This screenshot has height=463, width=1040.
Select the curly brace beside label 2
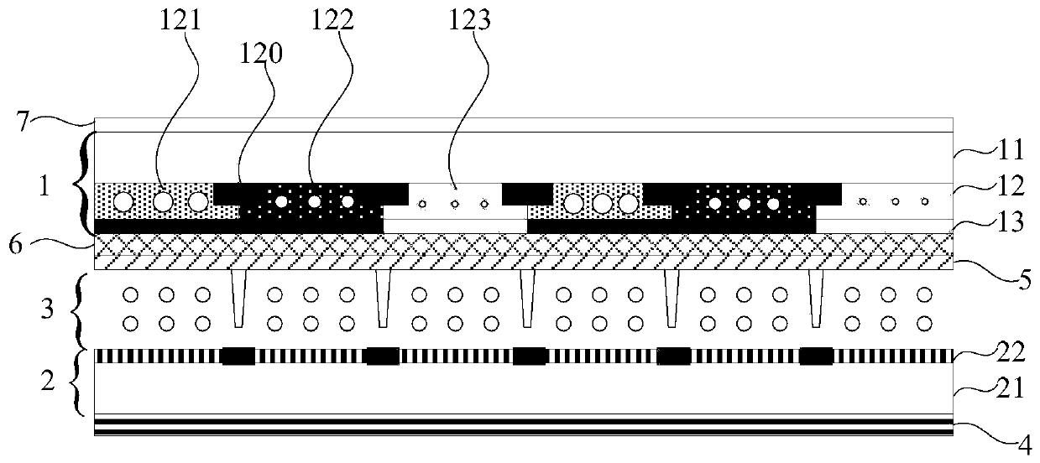tap(81, 382)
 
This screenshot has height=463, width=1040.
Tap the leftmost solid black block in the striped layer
tap(238, 356)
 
